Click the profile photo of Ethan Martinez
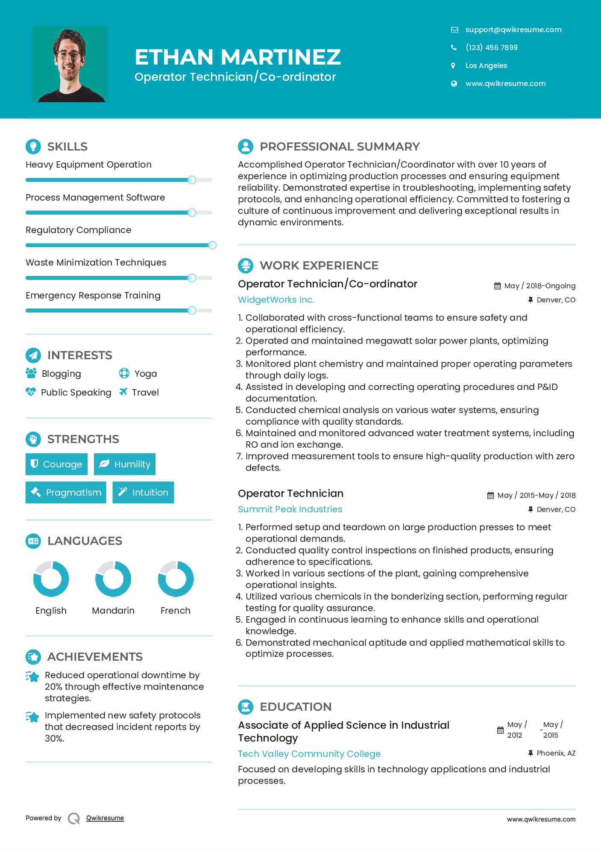[x=70, y=64]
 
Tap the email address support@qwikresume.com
[x=513, y=30]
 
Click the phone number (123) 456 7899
[x=491, y=47]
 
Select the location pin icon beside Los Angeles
[x=453, y=65]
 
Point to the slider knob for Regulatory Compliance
[x=212, y=245]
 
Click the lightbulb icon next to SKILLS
[x=33, y=146]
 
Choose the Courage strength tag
[x=56, y=464]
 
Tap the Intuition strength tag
[x=143, y=492]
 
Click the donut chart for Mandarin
[x=113, y=579]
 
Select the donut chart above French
[x=176, y=579]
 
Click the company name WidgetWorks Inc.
[x=276, y=300]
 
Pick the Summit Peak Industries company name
[x=290, y=509]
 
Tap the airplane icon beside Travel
[x=123, y=392]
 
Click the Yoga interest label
[x=146, y=374]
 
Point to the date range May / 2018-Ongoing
[x=539, y=286]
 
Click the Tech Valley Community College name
[x=309, y=753]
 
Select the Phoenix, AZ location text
[x=556, y=753]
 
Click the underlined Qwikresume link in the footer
[x=105, y=818]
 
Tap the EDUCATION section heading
[x=296, y=706]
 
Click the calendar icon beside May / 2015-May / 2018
[x=490, y=495]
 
